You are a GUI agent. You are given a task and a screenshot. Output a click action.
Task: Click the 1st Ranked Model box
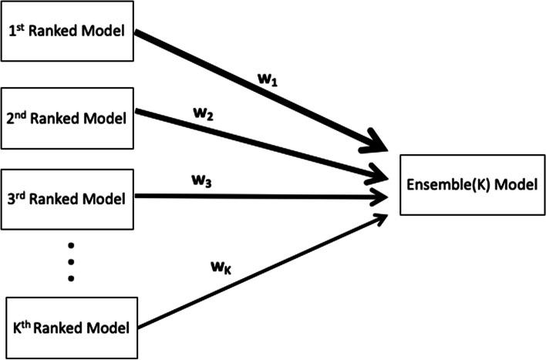coord(68,32)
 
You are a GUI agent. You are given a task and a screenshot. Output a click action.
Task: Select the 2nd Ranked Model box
coord(68,119)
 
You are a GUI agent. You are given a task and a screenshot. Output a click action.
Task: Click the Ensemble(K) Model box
coord(470,186)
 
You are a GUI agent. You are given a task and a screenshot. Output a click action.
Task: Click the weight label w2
coord(204,115)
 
